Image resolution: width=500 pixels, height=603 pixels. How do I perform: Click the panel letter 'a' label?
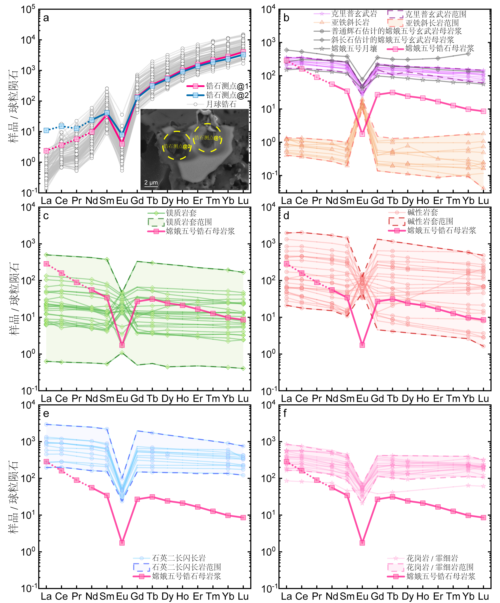click(x=46, y=18)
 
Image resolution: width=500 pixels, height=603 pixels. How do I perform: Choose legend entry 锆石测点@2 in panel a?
click(x=227, y=95)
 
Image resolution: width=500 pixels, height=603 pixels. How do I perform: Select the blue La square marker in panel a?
click(x=46, y=130)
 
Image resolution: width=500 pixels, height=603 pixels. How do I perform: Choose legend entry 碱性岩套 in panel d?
click(x=422, y=212)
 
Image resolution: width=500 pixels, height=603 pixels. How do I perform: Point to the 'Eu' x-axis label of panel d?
click(x=362, y=399)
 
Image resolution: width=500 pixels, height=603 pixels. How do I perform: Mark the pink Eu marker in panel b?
click(x=362, y=134)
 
